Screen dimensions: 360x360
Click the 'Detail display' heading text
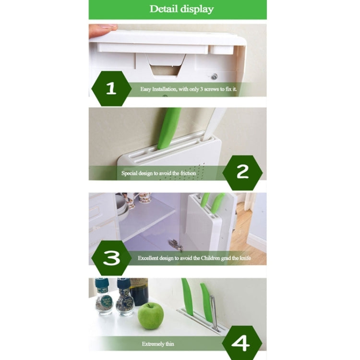[x=181, y=9]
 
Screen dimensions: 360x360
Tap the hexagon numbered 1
[x=111, y=88]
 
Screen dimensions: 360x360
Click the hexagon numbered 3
[x=111, y=258]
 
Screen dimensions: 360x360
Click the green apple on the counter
[x=151, y=315]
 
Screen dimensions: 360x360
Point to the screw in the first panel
[x=214, y=76]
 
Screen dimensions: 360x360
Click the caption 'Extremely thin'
[x=158, y=344]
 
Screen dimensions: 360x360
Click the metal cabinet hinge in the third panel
[x=176, y=245]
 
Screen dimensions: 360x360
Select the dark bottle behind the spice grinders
[x=140, y=291]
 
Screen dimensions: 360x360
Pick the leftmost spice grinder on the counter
[x=104, y=298]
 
